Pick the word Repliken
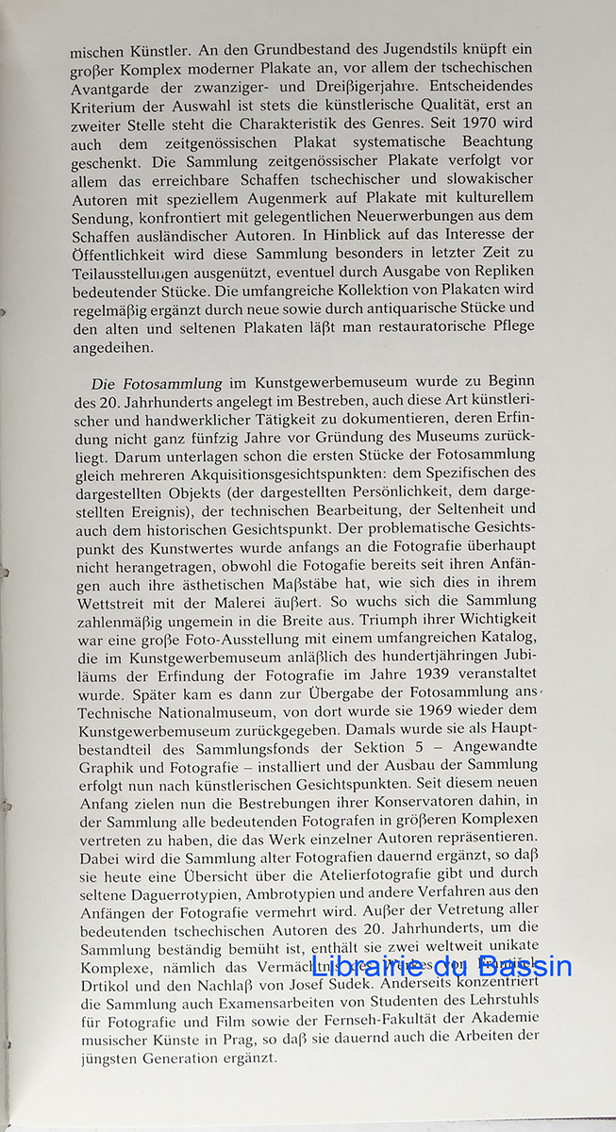coord(500,278)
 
